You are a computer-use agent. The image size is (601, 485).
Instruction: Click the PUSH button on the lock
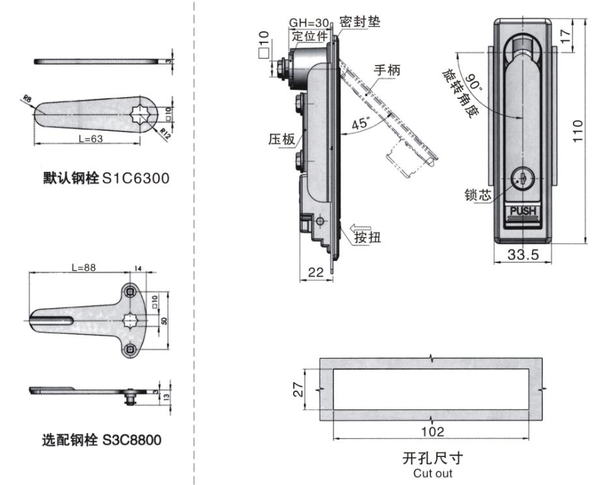coord(522,211)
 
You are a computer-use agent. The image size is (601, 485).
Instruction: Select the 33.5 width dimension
coord(523,255)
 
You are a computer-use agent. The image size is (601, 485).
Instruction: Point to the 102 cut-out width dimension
coord(432,432)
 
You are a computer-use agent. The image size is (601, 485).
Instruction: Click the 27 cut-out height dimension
coord(309,389)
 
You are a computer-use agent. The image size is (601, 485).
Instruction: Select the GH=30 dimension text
coord(309,21)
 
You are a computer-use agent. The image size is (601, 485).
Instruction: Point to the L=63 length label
coord(91,138)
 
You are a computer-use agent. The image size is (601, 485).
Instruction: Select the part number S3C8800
coord(132,440)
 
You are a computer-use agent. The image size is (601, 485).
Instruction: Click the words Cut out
coord(432,473)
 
